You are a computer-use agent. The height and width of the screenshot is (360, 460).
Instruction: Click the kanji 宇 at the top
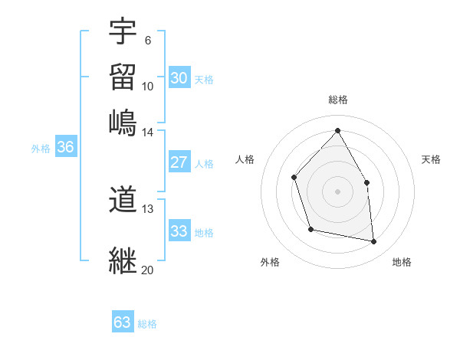pos(123,32)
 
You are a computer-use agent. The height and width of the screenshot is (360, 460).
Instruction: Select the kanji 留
pos(123,77)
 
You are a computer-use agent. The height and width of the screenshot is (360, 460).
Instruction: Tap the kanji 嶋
pos(123,122)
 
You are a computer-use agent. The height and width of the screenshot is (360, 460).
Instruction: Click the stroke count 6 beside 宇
pos(147,41)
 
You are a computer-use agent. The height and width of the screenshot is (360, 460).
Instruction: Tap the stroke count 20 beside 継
pos(147,269)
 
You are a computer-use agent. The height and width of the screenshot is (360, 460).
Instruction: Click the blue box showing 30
pos(179,78)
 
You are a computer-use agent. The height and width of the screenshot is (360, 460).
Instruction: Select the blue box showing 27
pos(179,162)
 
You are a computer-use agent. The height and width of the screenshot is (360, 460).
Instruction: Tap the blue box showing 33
pos(179,231)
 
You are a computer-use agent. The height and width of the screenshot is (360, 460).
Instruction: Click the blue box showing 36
pos(65,148)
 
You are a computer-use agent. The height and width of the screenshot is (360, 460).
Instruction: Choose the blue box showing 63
pos(123,322)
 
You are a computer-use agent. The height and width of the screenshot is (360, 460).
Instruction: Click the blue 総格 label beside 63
pos(147,324)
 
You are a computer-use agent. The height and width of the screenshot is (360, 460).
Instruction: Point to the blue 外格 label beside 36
pos(41,149)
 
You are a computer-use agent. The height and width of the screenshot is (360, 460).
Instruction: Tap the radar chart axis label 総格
pos(337,100)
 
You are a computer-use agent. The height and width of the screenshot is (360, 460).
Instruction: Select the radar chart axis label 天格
pos(431,159)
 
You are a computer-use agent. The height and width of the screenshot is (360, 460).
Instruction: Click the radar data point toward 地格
pos(374,242)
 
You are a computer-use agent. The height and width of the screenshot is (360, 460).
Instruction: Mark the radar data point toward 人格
pos(294,178)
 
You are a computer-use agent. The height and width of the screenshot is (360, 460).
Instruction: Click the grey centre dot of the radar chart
pos(337,191)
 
